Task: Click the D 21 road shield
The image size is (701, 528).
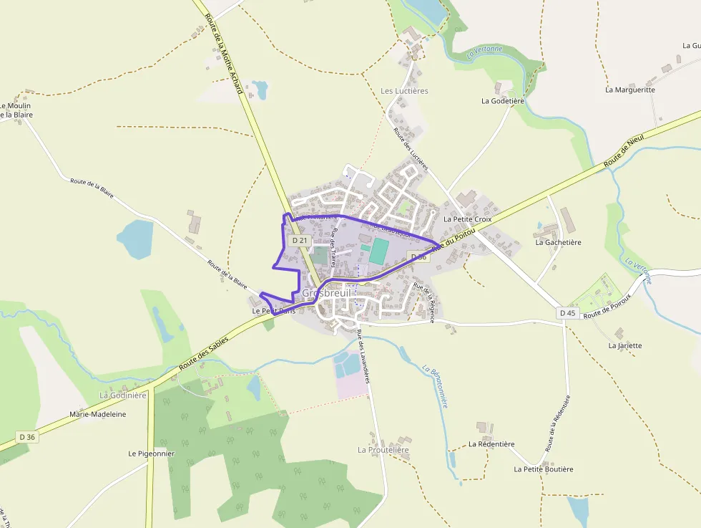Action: point(300,241)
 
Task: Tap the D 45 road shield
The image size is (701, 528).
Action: point(567,313)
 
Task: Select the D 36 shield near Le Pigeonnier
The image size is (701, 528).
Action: point(27,436)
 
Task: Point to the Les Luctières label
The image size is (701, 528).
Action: point(404,91)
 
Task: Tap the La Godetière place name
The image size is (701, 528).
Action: point(503,101)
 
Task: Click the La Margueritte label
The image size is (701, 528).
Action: point(630,90)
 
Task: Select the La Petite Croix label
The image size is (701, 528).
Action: point(468,219)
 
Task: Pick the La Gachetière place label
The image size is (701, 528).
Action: point(559,242)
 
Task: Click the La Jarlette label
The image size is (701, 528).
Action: point(625,345)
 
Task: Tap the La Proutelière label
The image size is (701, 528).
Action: point(383,450)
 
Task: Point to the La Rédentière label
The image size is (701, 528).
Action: point(491,444)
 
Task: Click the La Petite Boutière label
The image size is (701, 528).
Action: point(544,469)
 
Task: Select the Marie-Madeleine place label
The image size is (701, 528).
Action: point(97,414)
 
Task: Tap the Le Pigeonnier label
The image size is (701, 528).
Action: point(152,453)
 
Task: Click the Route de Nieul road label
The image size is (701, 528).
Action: point(624,150)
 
